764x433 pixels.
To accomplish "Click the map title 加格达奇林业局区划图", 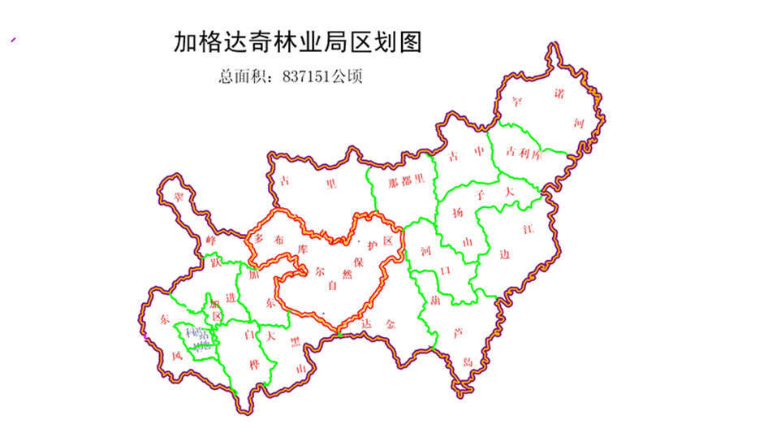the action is (298, 42).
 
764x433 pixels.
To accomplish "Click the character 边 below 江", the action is (505, 255).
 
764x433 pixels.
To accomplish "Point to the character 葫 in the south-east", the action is (435, 300).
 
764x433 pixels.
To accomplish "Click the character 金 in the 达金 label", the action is (391, 324).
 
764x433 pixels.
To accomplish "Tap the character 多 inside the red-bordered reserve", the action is (260, 239).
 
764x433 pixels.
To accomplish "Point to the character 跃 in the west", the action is (216, 262).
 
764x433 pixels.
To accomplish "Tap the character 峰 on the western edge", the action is (211, 240).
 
